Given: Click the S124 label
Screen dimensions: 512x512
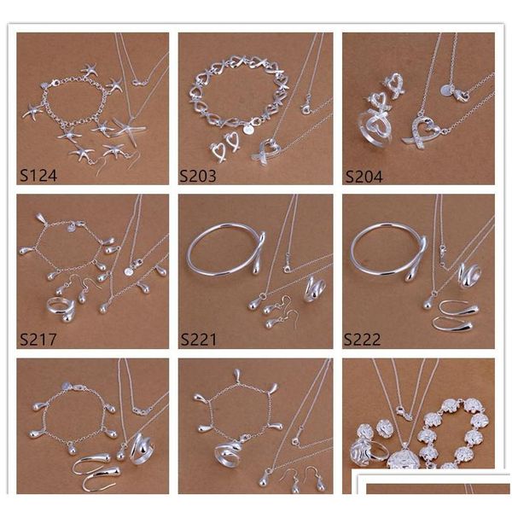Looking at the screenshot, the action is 38,175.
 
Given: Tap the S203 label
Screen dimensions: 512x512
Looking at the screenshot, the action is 198,176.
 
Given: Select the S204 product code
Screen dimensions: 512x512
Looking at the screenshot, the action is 364,177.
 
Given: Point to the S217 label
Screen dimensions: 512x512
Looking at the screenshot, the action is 38,340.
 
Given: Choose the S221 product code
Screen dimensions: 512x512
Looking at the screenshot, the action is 199,340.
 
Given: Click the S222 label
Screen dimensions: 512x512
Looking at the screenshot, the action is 362,340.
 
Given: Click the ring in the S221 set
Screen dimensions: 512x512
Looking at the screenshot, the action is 314,288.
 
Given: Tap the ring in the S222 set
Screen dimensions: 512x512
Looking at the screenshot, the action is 469,276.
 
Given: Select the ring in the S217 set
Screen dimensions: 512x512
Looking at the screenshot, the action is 61,309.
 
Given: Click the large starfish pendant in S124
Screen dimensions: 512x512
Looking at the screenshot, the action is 130,129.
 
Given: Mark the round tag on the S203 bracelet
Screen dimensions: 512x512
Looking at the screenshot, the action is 248,130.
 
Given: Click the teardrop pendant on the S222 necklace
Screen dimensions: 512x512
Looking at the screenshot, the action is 428,304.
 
